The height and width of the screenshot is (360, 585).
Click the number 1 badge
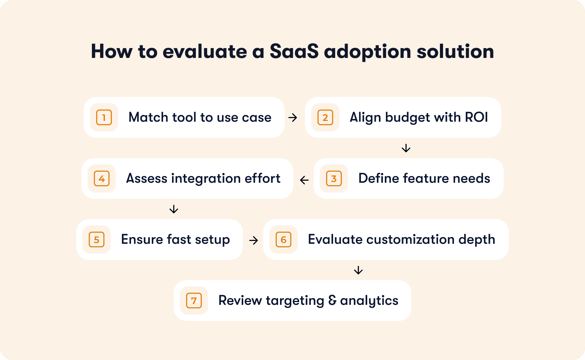pos(104,117)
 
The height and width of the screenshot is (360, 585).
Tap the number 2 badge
pos(325,117)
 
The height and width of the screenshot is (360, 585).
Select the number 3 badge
pos(334,179)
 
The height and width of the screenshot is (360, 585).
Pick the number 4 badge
pos(102,179)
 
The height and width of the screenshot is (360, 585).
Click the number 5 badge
pos(97,239)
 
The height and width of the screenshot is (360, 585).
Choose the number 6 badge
pos(284,239)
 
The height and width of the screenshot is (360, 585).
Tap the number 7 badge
pos(194,301)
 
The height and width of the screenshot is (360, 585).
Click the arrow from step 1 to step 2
pos(293,117)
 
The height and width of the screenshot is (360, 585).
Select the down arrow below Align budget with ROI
pos(406,148)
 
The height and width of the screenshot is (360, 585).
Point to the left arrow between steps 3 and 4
pos(304,180)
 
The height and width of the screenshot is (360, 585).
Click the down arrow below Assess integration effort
pos(174,209)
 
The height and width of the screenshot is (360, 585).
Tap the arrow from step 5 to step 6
pos(254,240)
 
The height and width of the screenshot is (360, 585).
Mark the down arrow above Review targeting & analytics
pos(358,270)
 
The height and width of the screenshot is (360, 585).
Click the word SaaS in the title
pos(294,51)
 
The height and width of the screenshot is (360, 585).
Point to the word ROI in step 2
pos(476,117)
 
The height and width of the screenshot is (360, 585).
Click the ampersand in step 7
pos(332,300)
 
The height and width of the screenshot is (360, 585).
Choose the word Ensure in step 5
pos(142,239)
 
